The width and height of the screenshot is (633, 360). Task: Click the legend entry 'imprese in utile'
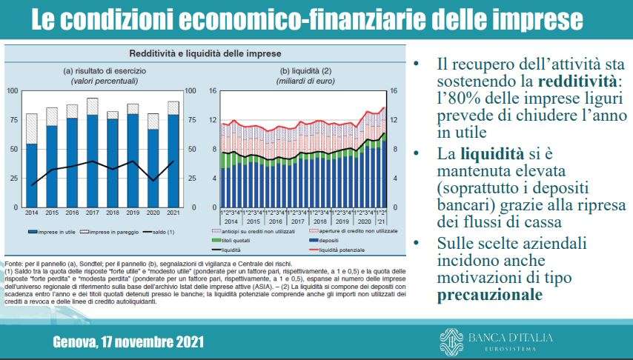pos(51,232)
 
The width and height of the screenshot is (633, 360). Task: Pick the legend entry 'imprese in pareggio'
pos(107,232)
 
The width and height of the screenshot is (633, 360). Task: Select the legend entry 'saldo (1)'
pos(156,232)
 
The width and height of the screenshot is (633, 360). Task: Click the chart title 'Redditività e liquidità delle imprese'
pos(206,54)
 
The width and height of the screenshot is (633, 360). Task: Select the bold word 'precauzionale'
pos(485,296)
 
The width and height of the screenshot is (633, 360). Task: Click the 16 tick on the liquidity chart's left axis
pos(212,90)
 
